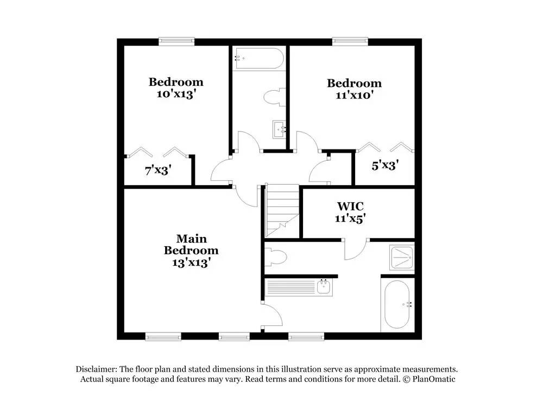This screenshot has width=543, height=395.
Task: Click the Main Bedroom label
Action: (191, 244)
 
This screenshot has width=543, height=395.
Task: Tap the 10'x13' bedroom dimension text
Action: (176, 93)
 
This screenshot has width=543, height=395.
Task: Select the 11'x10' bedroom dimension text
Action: (353, 95)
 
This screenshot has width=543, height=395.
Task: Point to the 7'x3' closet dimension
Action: (158, 170)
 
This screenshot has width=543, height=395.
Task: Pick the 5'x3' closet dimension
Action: (385, 165)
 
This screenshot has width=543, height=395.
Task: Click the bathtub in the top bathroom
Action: (258, 58)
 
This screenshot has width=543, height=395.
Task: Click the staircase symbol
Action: (282, 210)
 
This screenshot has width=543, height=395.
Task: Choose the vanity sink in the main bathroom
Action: (324, 286)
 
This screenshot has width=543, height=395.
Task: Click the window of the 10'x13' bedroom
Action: (176, 40)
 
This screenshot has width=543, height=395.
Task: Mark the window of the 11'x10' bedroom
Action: (350, 40)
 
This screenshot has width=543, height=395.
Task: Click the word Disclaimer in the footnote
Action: (98, 368)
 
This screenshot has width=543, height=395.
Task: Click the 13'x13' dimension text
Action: (191, 262)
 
